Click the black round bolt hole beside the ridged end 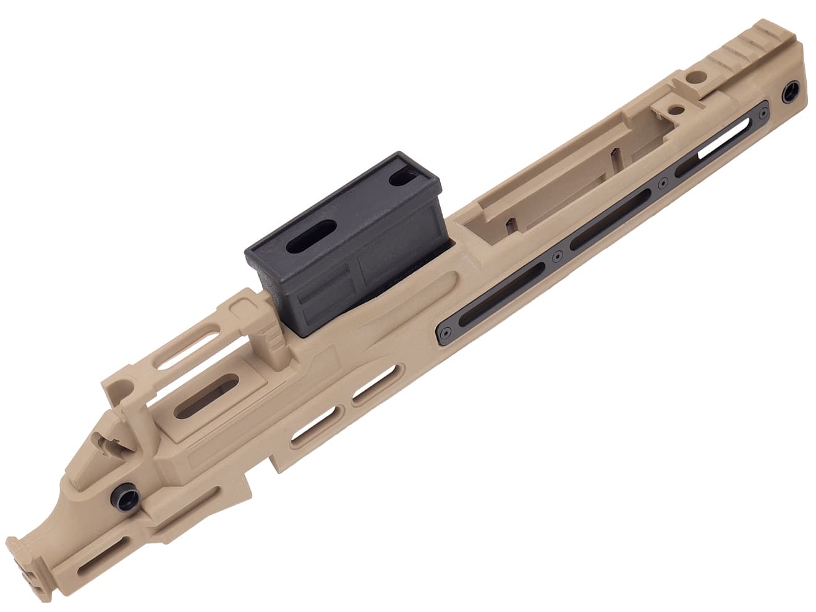pos(790,93)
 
